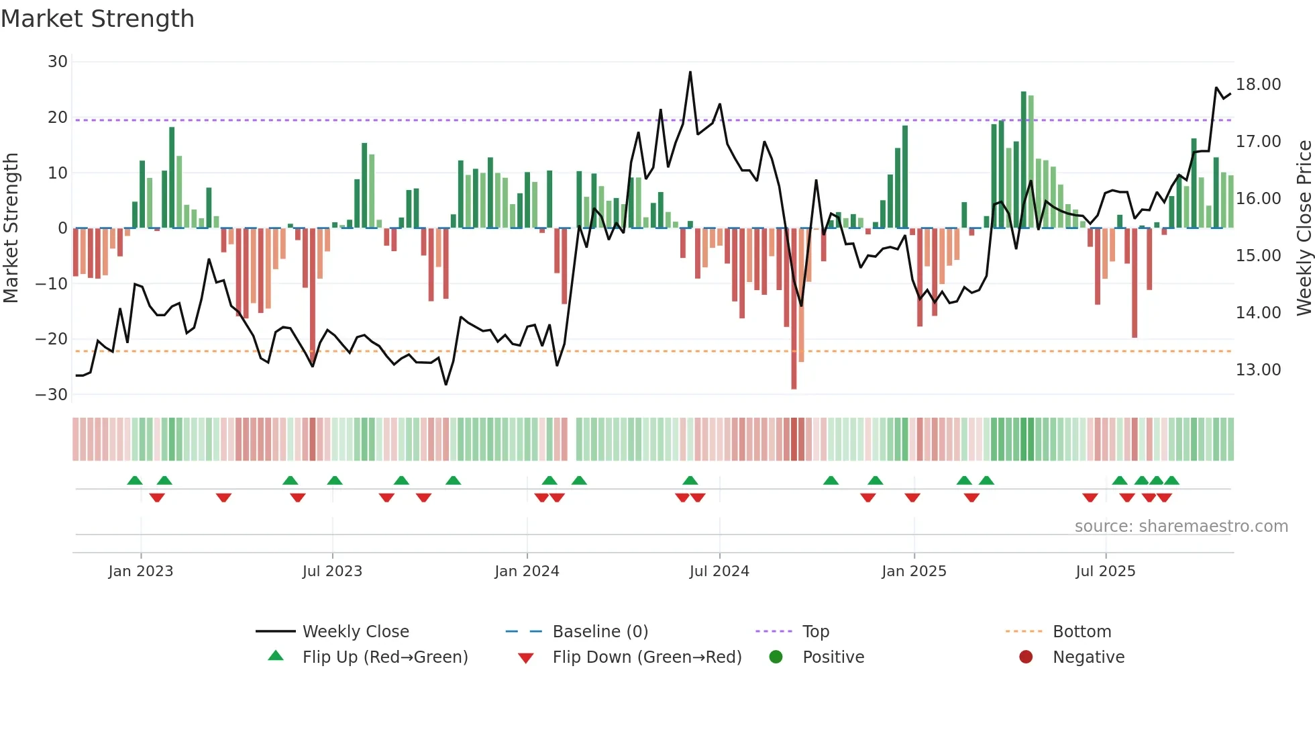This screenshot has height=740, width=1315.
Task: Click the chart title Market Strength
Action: pos(97,19)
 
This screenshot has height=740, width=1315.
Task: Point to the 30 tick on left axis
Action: pos(58,62)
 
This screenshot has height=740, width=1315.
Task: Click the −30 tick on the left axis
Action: pos(52,395)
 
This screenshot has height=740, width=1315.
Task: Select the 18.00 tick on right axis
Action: pos(1258,85)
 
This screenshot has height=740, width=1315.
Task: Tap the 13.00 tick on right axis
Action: pos(1258,370)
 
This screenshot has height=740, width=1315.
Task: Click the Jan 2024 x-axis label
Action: pos(527,571)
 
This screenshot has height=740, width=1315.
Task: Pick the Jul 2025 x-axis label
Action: pos(1105,571)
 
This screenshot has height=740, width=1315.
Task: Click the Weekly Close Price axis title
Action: pos(1304,228)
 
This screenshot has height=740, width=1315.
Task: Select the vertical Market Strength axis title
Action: pos(11,228)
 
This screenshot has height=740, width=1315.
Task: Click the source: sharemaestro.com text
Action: pos(1181,526)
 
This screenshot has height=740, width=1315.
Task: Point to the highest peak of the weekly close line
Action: pos(690,73)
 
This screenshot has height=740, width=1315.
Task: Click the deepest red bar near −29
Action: pos(794,309)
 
